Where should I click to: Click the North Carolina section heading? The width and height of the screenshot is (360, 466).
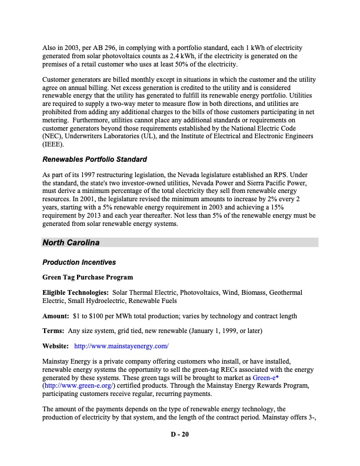tap(71, 243)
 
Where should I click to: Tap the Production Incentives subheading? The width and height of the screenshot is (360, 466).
tap(78, 262)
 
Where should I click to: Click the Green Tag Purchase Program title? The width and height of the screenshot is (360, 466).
tap(87, 277)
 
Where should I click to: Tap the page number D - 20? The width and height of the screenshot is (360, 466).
tap(180, 435)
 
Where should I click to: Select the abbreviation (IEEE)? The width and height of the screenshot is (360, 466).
tap(55, 142)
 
